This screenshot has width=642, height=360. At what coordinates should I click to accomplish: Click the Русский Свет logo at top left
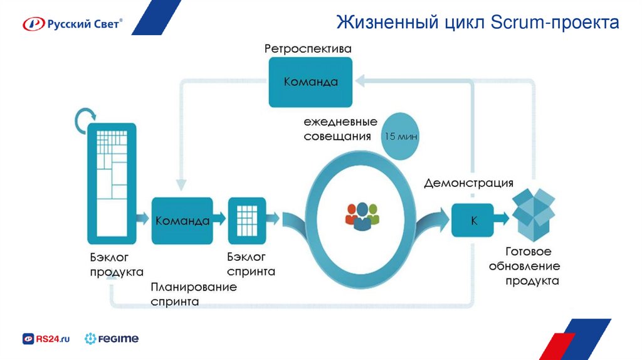tap(72, 24)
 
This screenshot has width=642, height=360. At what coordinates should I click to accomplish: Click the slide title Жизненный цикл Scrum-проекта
tap(477, 23)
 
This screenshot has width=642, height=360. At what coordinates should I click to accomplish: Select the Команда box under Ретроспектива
tap(310, 82)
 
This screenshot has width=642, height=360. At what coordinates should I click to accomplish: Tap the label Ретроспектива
tap(307, 48)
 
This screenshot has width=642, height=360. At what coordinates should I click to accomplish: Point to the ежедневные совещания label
tap(340, 129)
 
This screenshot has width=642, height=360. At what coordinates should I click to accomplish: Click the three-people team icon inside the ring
tap(362, 214)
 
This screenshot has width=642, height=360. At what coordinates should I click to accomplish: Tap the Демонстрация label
tap(469, 183)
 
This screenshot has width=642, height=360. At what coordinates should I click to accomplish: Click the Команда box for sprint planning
tap(182, 220)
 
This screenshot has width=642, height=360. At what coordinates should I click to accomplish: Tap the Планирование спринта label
tap(193, 294)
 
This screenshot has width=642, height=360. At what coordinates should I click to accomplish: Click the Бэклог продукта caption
tap(116, 265)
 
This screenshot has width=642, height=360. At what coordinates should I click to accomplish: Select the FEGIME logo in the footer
tap(112, 339)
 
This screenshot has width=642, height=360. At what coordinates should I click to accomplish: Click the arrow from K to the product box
tap(500, 220)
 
